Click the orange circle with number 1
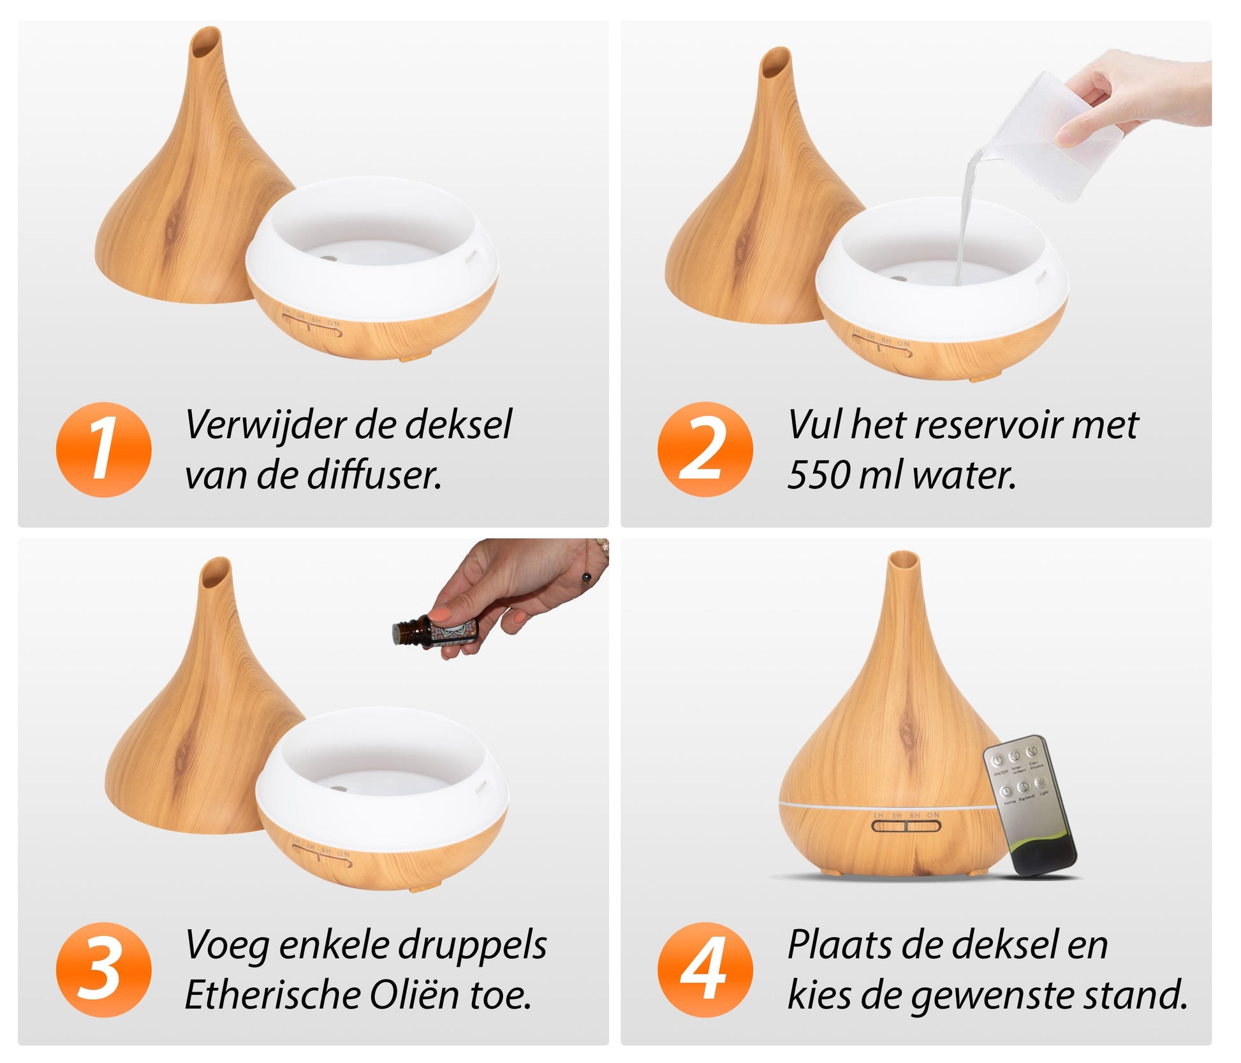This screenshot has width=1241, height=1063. pos(104,450)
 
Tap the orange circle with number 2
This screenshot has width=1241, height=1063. pos(705,450)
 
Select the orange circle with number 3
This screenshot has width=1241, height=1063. pos(104,970)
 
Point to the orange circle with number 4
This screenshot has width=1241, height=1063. pos(705,970)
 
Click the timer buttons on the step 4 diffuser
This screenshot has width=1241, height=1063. pos(906,827)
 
